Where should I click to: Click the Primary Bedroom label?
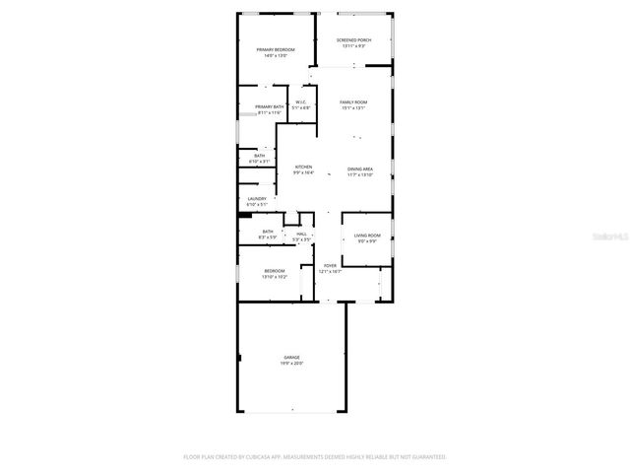coord(276,49)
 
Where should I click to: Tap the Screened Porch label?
coord(353,40)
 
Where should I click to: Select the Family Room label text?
coord(353,102)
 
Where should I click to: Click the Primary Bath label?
coord(270,106)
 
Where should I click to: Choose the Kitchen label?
coord(303,168)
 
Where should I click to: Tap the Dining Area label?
coord(359,169)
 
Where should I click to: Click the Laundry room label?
coord(256,199)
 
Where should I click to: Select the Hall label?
coord(302,234)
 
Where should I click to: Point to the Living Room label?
coord(367,236)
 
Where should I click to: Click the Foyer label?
coord(331,265)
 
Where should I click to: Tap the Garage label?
coord(292,357)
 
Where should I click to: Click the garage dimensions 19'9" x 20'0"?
coord(292,363)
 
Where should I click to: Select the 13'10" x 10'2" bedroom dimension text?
coord(275,277)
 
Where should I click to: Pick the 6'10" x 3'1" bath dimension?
coord(259,162)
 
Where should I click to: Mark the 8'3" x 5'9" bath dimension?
coord(268,237)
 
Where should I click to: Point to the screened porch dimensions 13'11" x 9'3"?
coord(353,46)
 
